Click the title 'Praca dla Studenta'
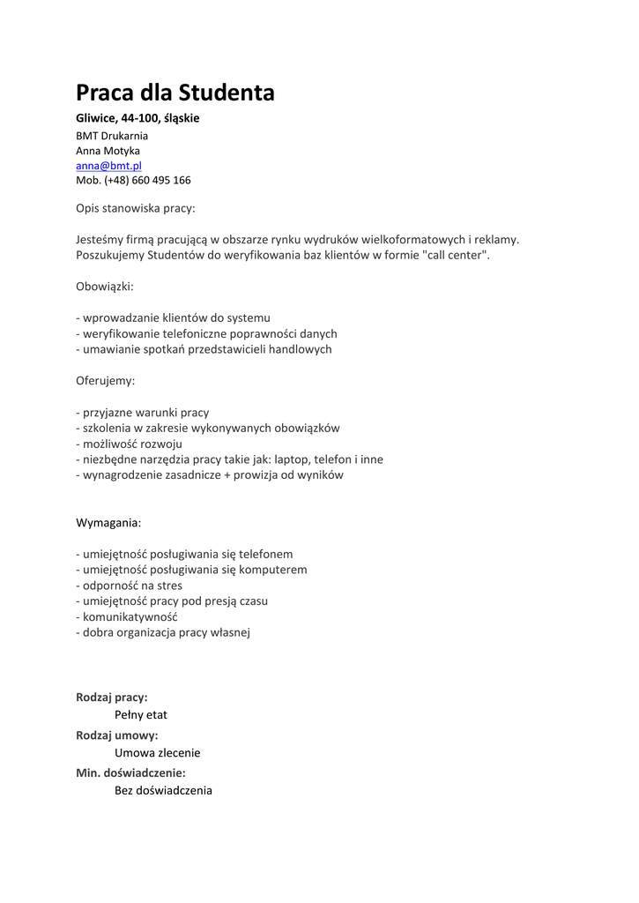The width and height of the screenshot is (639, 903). [175, 93]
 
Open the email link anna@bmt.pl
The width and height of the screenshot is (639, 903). [108, 165]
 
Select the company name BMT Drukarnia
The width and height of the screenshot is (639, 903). [112, 136]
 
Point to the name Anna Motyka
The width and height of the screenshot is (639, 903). [108, 151]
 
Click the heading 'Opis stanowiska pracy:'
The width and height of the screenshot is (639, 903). [136, 209]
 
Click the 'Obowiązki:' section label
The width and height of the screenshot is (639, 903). [105, 287]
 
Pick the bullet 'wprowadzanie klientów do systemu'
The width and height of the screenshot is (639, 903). [176, 317]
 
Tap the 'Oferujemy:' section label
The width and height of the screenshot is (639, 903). [106, 381]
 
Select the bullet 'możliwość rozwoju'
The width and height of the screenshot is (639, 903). [132, 444]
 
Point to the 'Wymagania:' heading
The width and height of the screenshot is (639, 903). [108, 523]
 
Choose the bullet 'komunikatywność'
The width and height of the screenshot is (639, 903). [130, 616]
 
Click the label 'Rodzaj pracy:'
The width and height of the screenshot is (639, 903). [112, 697]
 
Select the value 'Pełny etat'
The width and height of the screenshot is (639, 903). [141, 714]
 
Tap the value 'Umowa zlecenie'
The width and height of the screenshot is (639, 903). [158, 753]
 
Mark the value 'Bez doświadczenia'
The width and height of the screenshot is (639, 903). [163, 791]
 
